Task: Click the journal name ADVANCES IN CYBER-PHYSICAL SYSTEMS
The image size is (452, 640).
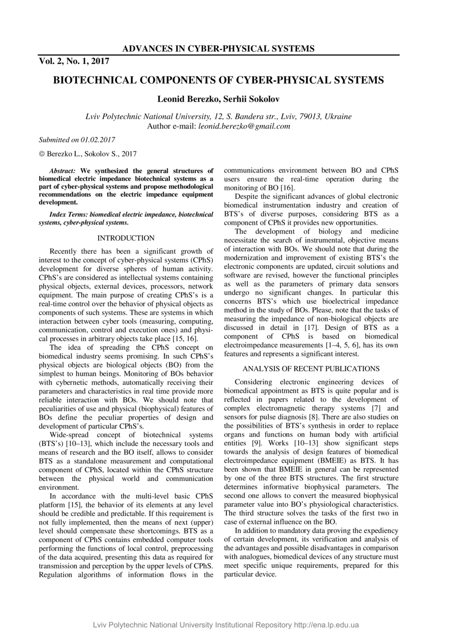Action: (x=218, y=49)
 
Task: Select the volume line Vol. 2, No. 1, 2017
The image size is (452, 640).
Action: (x=74, y=61)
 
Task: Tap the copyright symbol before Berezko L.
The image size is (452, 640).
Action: (x=42, y=154)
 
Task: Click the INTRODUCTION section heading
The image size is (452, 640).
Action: (x=126, y=238)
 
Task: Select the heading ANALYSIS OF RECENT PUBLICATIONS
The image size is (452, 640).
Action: (x=311, y=369)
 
